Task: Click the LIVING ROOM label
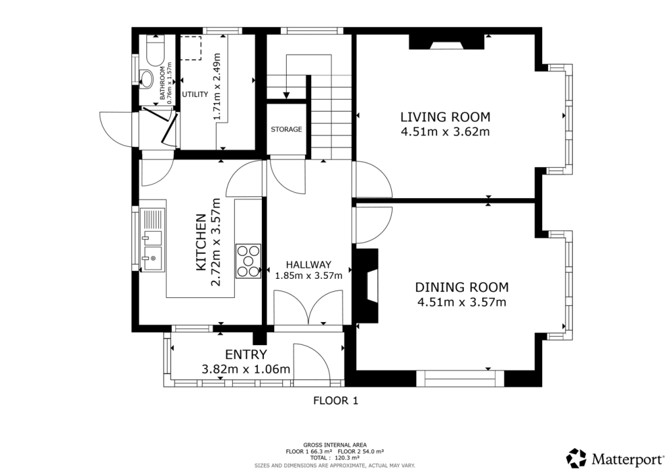tap(446, 117)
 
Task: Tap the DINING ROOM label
tap(462, 287)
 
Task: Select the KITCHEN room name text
tap(201, 242)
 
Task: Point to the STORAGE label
tap(286, 129)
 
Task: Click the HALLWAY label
tap(308, 264)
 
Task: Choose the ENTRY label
tap(246, 355)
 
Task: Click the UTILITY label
tap(195, 94)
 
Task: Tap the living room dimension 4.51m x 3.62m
tap(446, 131)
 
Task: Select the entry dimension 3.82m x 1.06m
tap(246, 369)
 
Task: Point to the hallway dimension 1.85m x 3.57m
tap(308, 276)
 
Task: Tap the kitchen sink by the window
tap(152, 240)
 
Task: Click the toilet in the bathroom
tap(155, 49)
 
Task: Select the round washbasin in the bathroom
tap(146, 79)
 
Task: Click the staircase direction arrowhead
tap(286, 96)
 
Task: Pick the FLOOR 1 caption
tap(335, 401)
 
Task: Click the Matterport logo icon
tap(576, 459)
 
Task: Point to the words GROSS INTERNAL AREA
tap(335, 445)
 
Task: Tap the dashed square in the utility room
tap(191, 48)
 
